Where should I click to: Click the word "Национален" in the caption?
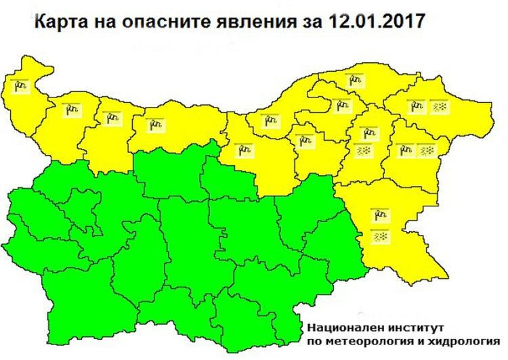click(337, 325)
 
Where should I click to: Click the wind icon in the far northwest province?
click(20, 86)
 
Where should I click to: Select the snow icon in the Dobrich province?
click(439, 106)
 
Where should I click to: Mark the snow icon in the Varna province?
click(428, 150)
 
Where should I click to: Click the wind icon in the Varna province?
click(404, 150)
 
